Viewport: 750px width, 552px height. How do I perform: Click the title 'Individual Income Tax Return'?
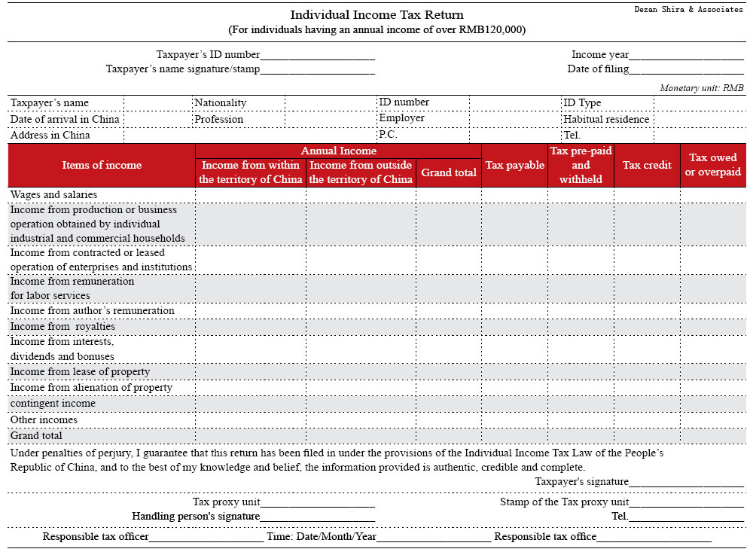[x=377, y=15]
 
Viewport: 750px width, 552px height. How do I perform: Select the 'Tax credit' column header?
[x=647, y=165]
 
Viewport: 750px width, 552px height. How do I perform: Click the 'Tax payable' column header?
[x=514, y=165]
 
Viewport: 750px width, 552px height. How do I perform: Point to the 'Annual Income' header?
[x=338, y=151]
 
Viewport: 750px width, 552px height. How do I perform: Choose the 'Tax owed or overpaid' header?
[x=713, y=165]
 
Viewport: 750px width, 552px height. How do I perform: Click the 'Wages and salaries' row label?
[x=53, y=194]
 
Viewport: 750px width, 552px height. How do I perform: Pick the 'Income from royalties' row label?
[x=62, y=327]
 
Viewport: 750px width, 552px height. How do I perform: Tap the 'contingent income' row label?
[x=53, y=404]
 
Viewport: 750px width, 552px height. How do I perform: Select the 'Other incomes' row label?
[x=44, y=419]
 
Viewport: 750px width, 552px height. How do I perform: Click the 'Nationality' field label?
[x=220, y=102]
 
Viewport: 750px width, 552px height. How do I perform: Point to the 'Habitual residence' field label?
[x=605, y=119]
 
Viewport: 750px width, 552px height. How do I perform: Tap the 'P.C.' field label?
[x=388, y=135]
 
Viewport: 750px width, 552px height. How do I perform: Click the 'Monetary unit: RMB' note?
[x=701, y=88]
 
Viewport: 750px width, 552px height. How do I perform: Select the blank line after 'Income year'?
[x=686, y=56]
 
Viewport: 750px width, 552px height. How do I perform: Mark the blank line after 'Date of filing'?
[x=686, y=70]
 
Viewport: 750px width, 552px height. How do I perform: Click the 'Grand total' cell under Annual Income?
[x=448, y=172]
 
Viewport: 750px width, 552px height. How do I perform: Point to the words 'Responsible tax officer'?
[x=96, y=537]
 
